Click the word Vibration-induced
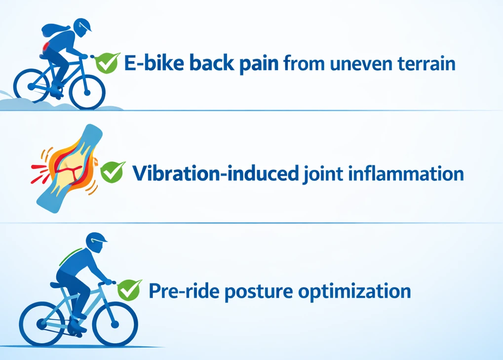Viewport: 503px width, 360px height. pyautogui.click(x=216, y=174)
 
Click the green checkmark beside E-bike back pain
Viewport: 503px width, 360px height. pyautogui.click(x=107, y=63)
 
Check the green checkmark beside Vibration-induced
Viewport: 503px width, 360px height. pyautogui.click(x=112, y=172)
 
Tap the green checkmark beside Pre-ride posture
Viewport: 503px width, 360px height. pyautogui.click(x=129, y=290)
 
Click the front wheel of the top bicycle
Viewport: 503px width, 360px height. pyautogui.click(x=87, y=92)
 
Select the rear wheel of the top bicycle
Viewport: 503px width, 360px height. pyautogui.click(x=32, y=85)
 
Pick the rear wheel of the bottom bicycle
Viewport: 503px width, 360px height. pyautogui.click(x=41, y=323)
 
